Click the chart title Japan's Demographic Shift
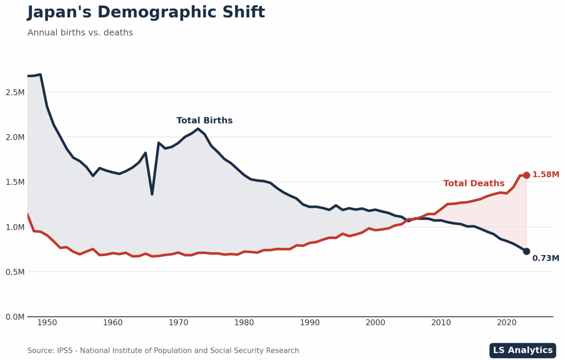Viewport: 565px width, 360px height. click(x=146, y=12)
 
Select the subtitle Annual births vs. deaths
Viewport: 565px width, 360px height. click(x=80, y=33)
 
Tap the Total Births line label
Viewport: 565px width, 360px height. click(x=205, y=121)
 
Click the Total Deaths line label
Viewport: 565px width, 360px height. click(x=474, y=183)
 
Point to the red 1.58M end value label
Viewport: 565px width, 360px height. click(x=546, y=175)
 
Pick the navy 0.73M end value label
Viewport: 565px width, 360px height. click(x=546, y=258)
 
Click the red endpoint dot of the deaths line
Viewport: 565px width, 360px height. click(x=526, y=175)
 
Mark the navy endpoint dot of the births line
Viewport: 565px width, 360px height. click(x=526, y=251)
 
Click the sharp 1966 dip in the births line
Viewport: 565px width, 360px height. click(x=152, y=194)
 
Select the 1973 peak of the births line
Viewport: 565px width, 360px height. click(x=198, y=129)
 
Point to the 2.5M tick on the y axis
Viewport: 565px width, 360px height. click(x=15, y=92)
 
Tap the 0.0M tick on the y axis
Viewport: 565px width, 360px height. click(x=15, y=317)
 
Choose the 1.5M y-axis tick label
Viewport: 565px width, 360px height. click(x=15, y=182)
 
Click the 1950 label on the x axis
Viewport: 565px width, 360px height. click(x=47, y=323)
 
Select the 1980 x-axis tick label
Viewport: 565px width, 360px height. click(x=244, y=323)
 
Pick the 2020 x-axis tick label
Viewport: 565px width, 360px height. click(x=507, y=323)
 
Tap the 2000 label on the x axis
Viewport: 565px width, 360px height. click(x=376, y=323)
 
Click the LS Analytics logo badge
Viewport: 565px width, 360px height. click(x=523, y=350)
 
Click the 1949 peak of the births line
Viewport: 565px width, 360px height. click(x=40, y=75)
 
